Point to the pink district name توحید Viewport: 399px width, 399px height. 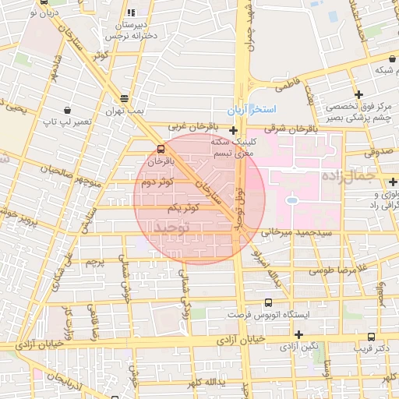[x=172, y=226]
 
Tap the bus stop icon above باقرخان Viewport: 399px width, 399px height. [x=161, y=148]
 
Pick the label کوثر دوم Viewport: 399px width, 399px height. [x=157, y=182]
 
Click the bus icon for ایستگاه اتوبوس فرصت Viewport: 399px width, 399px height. [x=268, y=302]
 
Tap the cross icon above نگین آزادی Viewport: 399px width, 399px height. [x=298, y=334]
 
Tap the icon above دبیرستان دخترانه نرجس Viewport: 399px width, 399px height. [x=129, y=13]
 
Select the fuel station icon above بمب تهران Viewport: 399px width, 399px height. [x=125, y=98]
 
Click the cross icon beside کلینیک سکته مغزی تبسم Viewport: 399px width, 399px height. [x=233, y=130]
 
